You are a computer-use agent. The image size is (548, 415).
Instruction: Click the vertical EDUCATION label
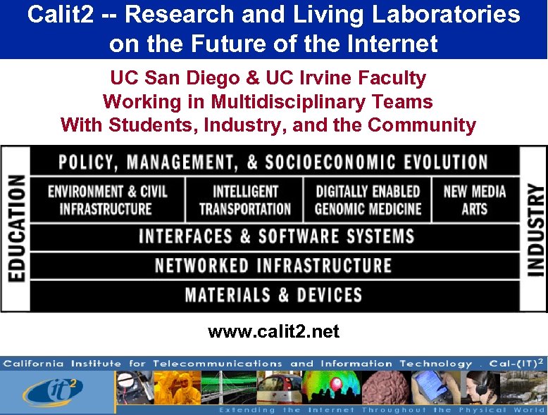[x=15, y=229]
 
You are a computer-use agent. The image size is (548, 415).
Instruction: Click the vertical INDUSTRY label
[x=535, y=229]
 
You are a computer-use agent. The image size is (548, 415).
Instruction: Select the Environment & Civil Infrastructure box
[x=107, y=200]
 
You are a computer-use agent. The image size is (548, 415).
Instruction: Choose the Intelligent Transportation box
[x=244, y=200]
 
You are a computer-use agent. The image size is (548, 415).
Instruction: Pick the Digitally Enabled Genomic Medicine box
[x=368, y=200]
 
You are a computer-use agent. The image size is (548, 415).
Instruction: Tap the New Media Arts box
[x=474, y=200]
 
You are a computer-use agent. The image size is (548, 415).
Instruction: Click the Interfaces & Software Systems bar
[x=275, y=236]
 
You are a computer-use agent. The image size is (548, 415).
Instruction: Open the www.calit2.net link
[x=273, y=331]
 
